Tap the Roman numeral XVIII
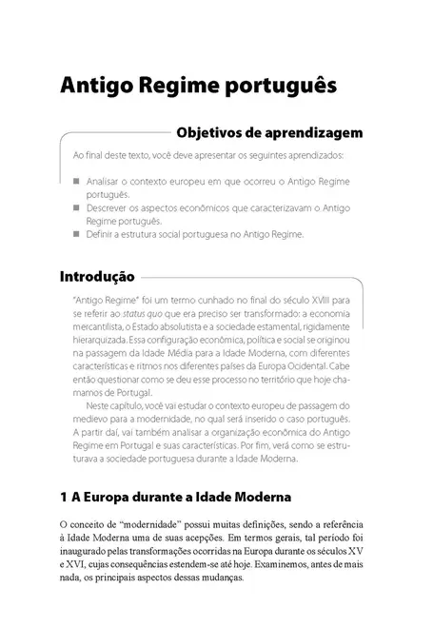pos(315,298)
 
